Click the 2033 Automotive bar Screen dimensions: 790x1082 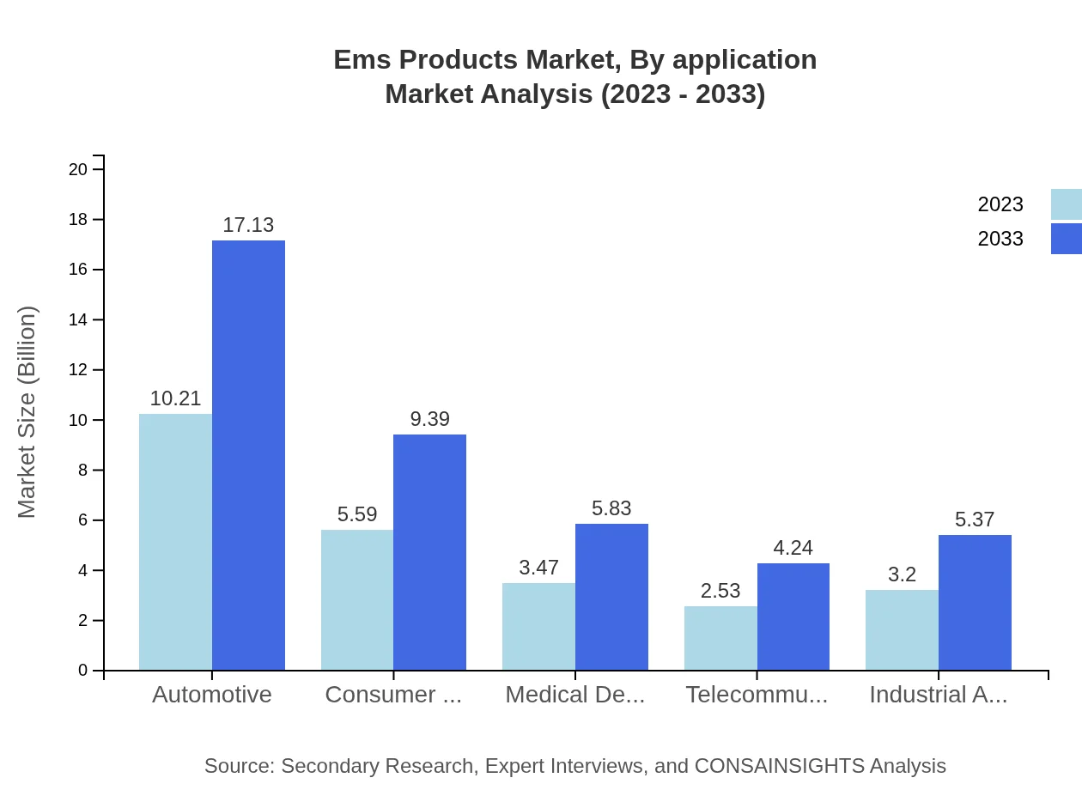[x=248, y=455]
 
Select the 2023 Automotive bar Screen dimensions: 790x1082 [x=175, y=542]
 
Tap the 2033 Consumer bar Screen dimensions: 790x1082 [x=429, y=552]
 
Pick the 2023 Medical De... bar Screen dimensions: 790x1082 [x=538, y=626]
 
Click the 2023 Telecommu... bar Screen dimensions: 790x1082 [x=720, y=638]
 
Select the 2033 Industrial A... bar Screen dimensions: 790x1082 [x=975, y=602]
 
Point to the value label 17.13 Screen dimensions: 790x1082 [x=248, y=225]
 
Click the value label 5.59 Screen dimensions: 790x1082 [x=357, y=514]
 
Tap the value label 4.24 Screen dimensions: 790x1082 [x=793, y=548]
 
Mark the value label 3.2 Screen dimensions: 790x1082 [x=902, y=574]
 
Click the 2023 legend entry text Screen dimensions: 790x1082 [x=1000, y=204]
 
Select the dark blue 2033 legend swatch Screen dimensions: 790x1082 [x=1066, y=239]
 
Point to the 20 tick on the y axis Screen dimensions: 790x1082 [x=78, y=169]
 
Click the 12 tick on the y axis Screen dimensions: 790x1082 [x=78, y=370]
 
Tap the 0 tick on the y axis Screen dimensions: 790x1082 [x=82, y=671]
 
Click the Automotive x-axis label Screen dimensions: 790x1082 [x=212, y=695]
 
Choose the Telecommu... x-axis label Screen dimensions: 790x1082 [x=757, y=695]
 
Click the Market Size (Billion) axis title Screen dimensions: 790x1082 [x=27, y=412]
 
